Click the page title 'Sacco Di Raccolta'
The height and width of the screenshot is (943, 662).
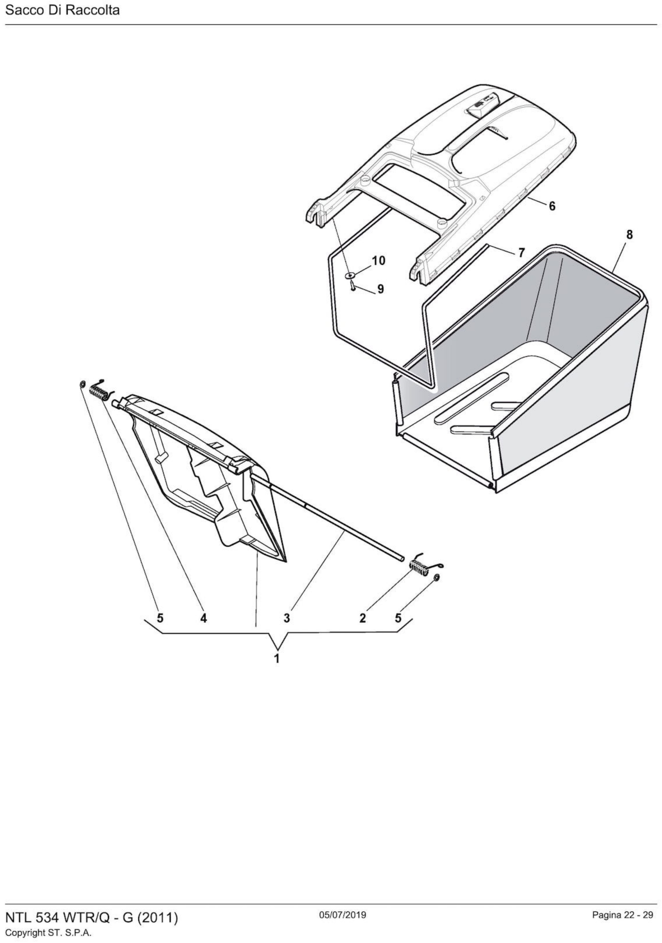62,10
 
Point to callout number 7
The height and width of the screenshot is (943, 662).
521,253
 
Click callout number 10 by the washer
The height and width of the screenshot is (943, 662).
378,261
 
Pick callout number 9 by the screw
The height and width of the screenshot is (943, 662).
380,289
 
